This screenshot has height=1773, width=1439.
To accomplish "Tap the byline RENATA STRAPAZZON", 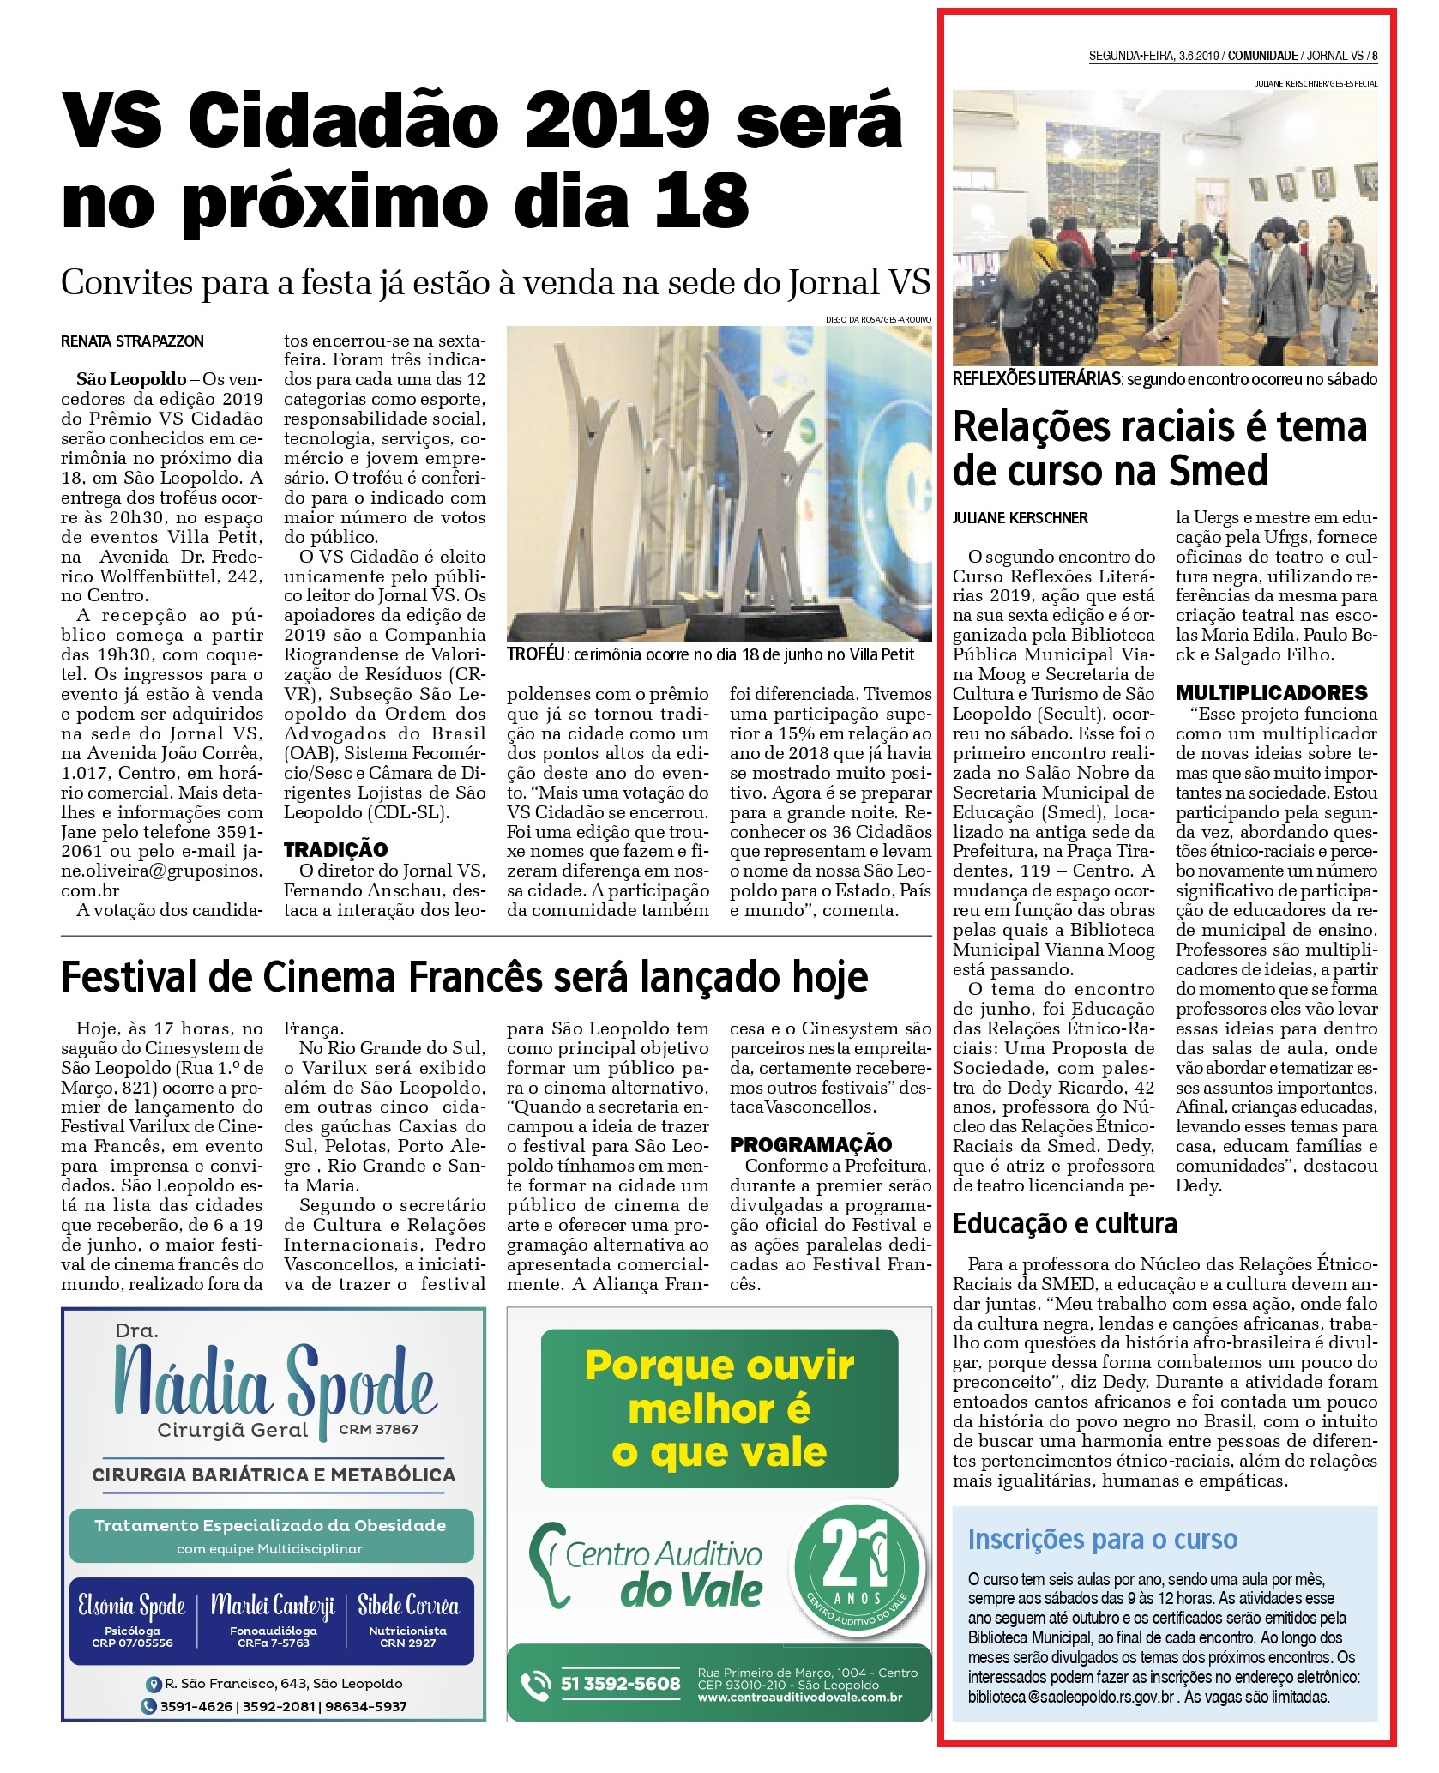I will [132, 341].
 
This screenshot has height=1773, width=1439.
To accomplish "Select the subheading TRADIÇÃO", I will [335, 849].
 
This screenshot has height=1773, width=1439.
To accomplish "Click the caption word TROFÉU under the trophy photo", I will [535, 654].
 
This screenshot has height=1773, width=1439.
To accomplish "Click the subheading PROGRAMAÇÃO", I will [810, 1144].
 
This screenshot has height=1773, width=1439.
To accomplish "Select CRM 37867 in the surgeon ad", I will [378, 1429].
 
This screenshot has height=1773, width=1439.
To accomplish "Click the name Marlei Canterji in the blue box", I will [273, 1605].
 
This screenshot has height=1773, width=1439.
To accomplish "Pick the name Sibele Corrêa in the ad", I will [408, 1605].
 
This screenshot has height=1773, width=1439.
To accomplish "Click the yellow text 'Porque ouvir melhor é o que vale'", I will [719, 1408].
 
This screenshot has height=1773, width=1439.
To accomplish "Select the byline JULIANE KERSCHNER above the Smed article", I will [1020, 518].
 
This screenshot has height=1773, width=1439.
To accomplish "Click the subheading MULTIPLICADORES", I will [1271, 693].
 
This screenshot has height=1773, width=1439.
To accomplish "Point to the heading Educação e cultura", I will [1064, 1223].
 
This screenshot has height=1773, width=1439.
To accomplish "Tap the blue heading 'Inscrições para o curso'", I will [1102, 1540].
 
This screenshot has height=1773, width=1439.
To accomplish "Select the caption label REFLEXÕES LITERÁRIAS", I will [1036, 379].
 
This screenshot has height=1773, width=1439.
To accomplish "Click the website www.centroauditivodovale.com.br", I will [800, 1697].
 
